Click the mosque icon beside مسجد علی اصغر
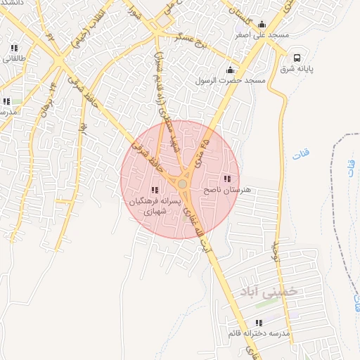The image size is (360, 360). pos(262,24)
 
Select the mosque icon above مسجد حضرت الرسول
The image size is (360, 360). pos(230,70)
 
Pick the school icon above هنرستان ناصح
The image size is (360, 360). pos(226,179)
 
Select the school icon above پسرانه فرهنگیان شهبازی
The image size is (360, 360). pos(155,190)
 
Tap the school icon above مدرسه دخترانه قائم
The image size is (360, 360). pos(259,323)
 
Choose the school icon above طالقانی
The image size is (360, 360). pos(14,49)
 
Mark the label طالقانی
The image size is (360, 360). pos(14,59)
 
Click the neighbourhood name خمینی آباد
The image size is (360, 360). pos(268,290)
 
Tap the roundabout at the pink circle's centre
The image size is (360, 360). pos(182,184)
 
